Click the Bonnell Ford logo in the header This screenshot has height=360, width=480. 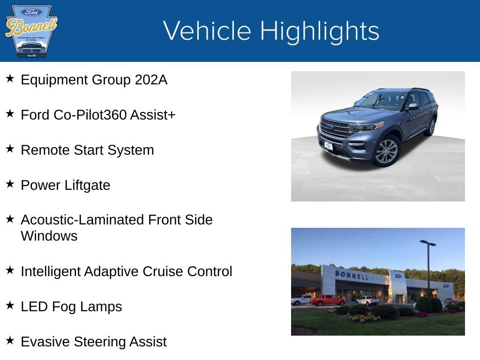30,31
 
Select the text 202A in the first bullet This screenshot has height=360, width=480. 151,80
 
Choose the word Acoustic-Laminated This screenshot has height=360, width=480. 82,220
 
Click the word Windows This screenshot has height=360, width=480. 49,236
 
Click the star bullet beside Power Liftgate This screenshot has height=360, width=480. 10,184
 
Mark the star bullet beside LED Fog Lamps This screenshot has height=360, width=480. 10,305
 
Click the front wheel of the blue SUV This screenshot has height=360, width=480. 386,151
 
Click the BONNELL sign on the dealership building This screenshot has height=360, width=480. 352,275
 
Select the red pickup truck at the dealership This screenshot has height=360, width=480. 328,300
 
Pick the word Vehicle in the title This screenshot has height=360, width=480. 207,31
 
